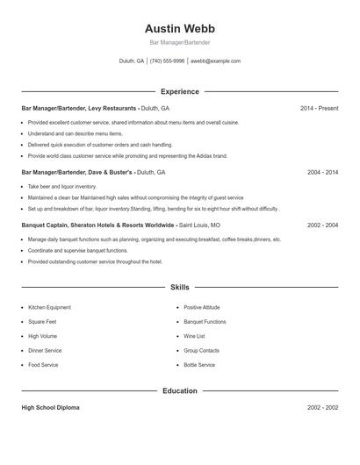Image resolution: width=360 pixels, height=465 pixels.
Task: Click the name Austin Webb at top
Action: point(179,29)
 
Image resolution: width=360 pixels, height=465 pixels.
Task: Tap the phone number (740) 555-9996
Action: point(167,61)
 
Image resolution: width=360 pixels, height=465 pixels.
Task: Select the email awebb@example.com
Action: point(215,61)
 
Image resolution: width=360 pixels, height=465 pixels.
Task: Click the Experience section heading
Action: point(179,91)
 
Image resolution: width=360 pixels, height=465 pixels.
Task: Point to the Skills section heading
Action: point(179,287)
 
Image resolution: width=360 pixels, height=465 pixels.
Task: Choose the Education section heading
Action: point(179,390)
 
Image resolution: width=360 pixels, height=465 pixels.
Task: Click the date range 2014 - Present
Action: point(319,108)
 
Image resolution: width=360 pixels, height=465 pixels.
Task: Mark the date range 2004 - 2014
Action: point(322,173)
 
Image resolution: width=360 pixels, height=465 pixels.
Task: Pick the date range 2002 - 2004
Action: point(322,225)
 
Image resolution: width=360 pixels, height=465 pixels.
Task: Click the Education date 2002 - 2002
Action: point(322,408)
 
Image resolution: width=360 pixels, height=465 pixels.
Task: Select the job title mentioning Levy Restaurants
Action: point(95,108)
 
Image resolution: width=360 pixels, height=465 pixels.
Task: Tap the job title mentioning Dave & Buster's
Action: point(93,173)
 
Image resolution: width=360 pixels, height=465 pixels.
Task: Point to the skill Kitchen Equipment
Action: point(49,308)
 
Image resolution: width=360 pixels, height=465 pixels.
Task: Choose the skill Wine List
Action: point(194,336)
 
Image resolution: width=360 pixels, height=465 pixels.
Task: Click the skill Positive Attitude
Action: point(202,308)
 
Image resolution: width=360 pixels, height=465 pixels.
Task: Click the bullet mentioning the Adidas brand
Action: point(115,155)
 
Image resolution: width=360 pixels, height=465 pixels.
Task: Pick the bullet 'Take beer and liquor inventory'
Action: point(62,187)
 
